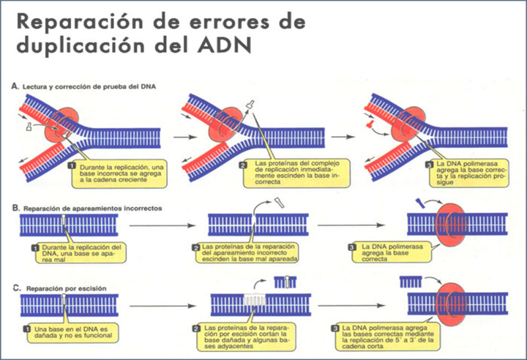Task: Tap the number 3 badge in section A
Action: pyautogui.click(x=429, y=165)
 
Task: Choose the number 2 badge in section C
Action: pyautogui.click(x=195, y=327)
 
